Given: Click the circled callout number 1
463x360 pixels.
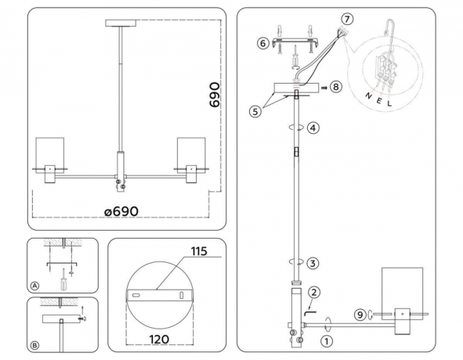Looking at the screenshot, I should click(326, 340).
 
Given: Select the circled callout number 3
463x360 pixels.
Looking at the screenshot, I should click(313, 263).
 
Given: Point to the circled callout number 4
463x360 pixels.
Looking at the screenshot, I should click(313, 127).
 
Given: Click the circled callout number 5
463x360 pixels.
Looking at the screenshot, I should click(255, 111).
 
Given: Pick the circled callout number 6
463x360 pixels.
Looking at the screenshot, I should click(263, 44).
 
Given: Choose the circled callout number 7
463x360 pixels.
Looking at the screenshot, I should click(348, 18).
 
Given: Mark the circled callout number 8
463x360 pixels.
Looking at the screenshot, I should click(336, 88).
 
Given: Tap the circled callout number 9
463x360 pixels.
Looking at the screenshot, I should click(360, 315).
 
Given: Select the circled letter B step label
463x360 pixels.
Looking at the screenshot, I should click(35, 344).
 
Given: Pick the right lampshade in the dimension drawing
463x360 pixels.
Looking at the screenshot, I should click(190, 153).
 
